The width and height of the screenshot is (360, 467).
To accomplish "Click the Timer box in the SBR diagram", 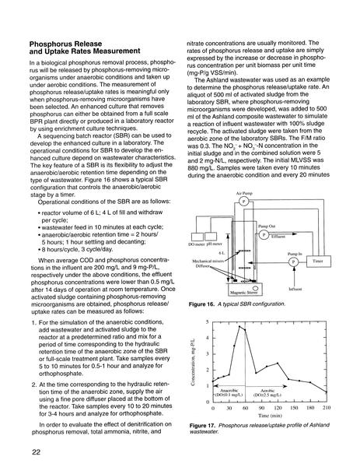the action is click(319, 262).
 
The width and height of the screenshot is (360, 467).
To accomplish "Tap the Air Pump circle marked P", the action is click(243, 202).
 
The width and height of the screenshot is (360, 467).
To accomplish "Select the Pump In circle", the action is click(293, 262).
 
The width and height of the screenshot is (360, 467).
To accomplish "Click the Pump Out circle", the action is click(264, 235).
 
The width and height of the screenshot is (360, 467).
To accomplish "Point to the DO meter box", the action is click(197, 237).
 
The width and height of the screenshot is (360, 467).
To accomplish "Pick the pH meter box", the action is click(211, 237).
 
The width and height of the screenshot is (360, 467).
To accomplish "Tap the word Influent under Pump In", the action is click(295, 289).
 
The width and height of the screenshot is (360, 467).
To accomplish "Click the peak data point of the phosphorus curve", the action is click(239, 326).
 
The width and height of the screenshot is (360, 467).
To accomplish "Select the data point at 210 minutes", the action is click(327, 392).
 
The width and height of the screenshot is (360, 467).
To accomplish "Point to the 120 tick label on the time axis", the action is click(278, 408).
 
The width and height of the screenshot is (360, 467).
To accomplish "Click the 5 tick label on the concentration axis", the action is click(208, 322).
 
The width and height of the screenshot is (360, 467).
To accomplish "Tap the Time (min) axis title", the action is click(270, 415).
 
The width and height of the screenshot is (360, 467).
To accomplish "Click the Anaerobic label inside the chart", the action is click(229, 391).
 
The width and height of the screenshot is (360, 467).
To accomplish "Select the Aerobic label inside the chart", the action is click(267, 391).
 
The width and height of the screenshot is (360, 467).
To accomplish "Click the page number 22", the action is click(36, 451).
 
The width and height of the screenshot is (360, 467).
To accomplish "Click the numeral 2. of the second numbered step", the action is click(34, 384).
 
